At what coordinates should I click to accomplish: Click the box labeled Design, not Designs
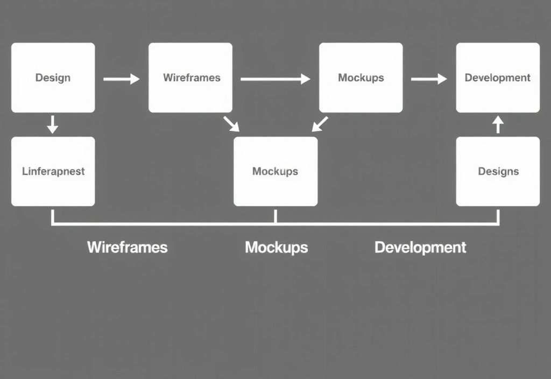(x=53, y=78)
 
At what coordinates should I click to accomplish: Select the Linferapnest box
(x=53, y=171)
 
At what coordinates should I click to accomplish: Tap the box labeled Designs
(x=498, y=171)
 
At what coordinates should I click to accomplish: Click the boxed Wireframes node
(x=190, y=78)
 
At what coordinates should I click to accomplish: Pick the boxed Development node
(x=498, y=78)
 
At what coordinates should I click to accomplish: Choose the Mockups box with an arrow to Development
(x=361, y=78)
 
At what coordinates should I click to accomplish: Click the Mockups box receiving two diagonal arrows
(x=275, y=171)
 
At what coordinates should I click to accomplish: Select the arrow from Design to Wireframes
(x=121, y=79)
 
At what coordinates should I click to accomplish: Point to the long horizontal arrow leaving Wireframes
(x=275, y=79)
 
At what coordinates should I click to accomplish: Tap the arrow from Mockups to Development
(x=429, y=79)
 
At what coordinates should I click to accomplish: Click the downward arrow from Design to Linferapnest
(x=52, y=124)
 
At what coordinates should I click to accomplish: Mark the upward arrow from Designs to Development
(x=498, y=124)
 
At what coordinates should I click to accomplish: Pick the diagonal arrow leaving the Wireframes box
(x=231, y=123)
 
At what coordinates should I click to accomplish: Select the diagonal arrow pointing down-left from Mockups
(x=320, y=124)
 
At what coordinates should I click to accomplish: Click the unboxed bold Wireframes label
(x=127, y=247)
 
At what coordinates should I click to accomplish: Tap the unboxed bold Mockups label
(x=276, y=247)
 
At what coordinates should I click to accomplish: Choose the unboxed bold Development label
(x=420, y=247)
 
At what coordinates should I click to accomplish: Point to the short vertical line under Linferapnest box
(x=52, y=216)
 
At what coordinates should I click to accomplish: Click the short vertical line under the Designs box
(x=498, y=216)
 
